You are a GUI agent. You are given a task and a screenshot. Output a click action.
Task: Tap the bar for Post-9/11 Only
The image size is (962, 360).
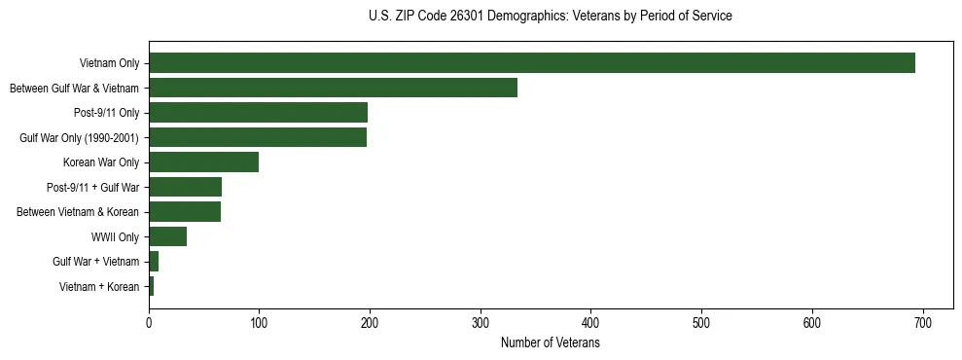click(258, 113)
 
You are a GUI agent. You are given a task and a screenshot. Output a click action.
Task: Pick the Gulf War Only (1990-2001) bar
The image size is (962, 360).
click(258, 137)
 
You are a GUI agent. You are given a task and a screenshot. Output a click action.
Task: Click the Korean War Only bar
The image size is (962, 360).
click(203, 162)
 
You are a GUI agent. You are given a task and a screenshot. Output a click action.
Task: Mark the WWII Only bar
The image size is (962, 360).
click(167, 236)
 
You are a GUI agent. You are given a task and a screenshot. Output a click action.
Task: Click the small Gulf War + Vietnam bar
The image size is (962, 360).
click(154, 262)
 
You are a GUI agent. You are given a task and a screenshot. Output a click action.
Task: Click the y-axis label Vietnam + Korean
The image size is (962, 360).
click(99, 287)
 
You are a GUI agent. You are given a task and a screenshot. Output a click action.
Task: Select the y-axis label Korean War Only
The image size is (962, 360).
click(101, 162)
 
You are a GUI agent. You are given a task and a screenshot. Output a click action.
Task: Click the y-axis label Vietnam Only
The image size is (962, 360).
click(109, 63)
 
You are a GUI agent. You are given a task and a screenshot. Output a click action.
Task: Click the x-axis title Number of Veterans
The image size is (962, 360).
click(550, 343)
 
